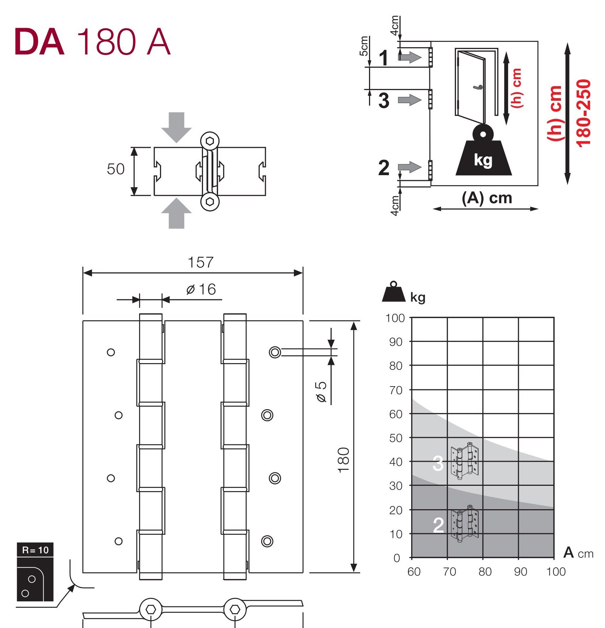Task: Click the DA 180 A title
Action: (x=93, y=42)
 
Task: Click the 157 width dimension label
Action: (x=200, y=262)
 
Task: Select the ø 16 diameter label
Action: (x=201, y=289)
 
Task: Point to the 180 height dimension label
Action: (x=343, y=460)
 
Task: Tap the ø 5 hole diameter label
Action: (x=321, y=392)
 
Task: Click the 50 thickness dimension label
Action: (x=116, y=169)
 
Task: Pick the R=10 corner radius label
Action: (x=35, y=550)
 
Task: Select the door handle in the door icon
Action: (x=478, y=87)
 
